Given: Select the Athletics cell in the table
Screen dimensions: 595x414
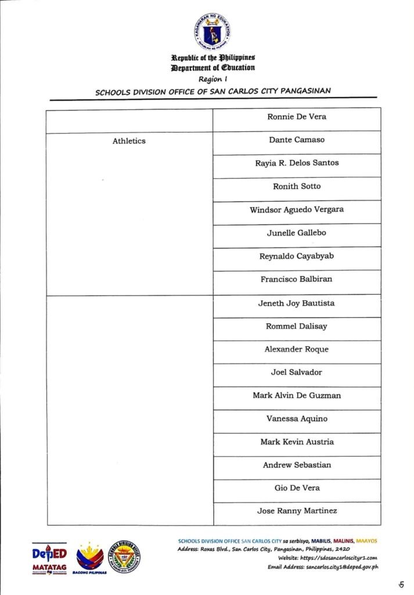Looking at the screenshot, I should (x=129, y=141).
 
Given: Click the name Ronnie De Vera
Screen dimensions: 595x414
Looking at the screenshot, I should (x=297, y=117).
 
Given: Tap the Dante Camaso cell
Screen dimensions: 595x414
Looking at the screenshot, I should (x=297, y=140).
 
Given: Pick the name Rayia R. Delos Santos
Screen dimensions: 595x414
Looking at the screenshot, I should (x=297, y=163).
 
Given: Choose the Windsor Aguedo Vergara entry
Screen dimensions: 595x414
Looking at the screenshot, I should (x=297, y=210).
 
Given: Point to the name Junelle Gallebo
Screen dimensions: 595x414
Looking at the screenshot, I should (x=297, y=233).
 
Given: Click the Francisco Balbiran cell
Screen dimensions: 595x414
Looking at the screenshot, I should (x=297, y=279).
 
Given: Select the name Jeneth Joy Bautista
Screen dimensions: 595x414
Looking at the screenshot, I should (x=297, y=303).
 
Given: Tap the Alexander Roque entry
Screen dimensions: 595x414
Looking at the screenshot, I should (x=297, y=349).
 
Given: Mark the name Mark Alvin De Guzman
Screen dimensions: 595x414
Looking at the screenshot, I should (x=297, y=396).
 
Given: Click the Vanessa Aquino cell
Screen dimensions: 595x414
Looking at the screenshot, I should (x=297, y=419).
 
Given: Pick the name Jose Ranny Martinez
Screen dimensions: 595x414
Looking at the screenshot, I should (x=297, y=511).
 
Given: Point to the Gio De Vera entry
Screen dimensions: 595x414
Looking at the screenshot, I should (x=297, y=488).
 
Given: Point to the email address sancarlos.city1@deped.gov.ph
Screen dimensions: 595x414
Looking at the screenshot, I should (x=342, y=566).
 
